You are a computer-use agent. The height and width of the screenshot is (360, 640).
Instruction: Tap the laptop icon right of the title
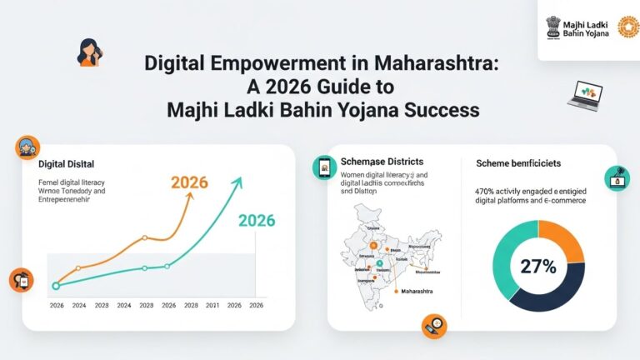click(584, 93)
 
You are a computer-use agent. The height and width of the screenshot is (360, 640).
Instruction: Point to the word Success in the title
click(443, 109)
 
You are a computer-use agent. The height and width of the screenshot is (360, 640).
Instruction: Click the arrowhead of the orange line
click(192, 200)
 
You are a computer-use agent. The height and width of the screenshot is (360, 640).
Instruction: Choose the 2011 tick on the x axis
click(212, 306)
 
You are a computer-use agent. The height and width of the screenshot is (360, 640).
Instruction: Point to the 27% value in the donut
click(538, 267)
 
